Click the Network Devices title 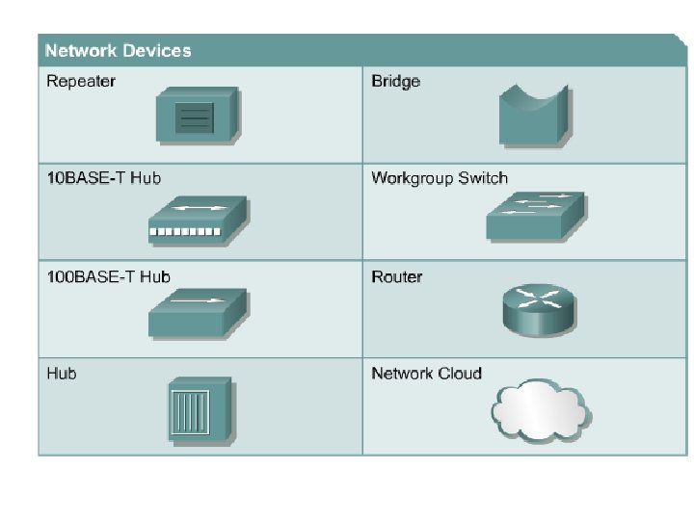coord(118,51)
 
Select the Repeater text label coord(80,81)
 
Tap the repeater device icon coord(197,116)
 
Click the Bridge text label coord(395,81)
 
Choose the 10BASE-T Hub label coord(103,178)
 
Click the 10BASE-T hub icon coord(197,221)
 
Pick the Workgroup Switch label coord(439,178)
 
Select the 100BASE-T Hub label coord(108,277)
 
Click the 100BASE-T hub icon coord(197,312)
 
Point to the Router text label coord(396,277)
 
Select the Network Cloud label coord(426,374)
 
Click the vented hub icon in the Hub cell coord(200,409)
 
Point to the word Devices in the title coord(156,51)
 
